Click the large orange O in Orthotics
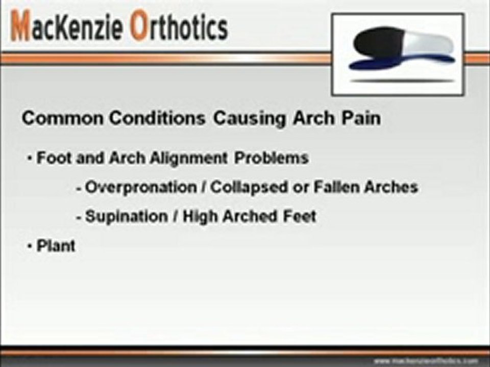139,27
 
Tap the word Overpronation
141,187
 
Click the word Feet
300,216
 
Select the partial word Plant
56,246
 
